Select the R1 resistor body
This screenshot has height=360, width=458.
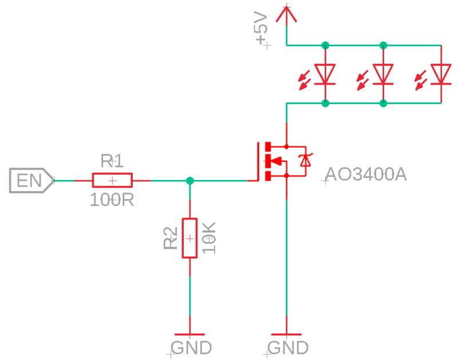(112, 181)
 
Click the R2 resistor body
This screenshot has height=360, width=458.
(189, 238)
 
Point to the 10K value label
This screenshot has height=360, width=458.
(210, 239)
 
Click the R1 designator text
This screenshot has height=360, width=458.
(112, 161)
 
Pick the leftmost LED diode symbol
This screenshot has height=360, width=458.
(325, 74)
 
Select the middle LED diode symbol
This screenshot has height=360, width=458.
(383, 74)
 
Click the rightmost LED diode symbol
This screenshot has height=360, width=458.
(440, 74)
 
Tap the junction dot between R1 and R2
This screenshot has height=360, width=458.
(189, 181)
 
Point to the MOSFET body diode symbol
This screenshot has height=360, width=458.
(306, 161)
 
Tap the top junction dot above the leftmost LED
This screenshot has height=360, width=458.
(325, 45)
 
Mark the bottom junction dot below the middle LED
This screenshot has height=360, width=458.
(383, 103)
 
